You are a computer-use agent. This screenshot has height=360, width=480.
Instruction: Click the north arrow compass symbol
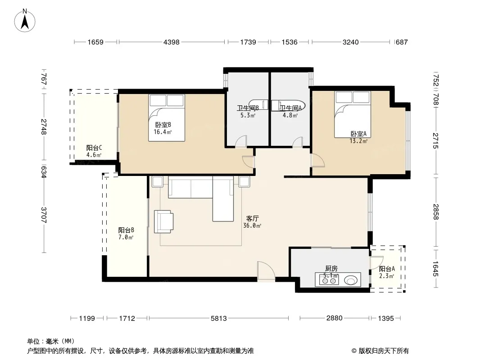[x=25, y=21]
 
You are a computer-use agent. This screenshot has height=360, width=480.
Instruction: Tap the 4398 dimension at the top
[x=172, y=42]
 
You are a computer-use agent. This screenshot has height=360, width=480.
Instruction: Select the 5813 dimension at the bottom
[x=219, y=319]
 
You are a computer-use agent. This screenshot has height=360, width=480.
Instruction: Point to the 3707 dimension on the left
[x=44, y=215]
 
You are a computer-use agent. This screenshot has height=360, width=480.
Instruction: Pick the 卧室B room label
[x=163, y=125]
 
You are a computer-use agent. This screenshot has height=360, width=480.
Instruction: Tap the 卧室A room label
[x=358, y=134]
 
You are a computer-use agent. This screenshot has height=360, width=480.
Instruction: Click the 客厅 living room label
[x=253, y=218]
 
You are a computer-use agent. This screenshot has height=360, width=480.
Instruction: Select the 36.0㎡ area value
[x=252, y=226]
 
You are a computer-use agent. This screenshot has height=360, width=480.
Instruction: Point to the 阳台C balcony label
[x=94, y=148]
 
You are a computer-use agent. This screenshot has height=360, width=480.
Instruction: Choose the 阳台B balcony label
[x=126, y=230]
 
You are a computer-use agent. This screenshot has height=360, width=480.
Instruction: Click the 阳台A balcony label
[x=387, y=269]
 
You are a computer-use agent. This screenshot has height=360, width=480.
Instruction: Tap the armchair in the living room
[x=163, y=221]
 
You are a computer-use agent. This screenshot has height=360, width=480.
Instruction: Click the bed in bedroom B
[x=167, y=118]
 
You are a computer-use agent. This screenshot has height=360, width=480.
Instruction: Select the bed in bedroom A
[x=353, y=114]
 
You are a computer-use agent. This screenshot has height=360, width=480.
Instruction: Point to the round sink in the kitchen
[x=351, y=280]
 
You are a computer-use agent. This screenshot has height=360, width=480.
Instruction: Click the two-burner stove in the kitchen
[x=329, y=280]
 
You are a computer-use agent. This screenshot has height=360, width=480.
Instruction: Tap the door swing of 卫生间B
[x=241, y=141]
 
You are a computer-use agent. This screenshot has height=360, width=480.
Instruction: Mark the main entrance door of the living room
[x=266, y=270]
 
